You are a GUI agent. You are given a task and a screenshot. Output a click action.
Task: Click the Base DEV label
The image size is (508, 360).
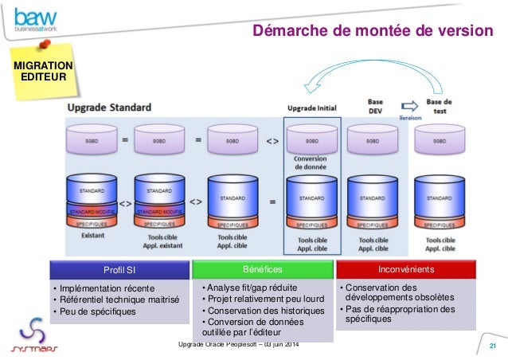[374, 108]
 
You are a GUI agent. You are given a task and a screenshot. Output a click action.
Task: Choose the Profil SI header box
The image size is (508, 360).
[119, 271]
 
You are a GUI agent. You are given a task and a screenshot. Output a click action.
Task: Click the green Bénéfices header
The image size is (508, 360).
[261, 270]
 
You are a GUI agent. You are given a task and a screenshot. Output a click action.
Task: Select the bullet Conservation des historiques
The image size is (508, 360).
[262, 310]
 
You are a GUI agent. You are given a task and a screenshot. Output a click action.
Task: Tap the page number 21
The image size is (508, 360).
[492, 345]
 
